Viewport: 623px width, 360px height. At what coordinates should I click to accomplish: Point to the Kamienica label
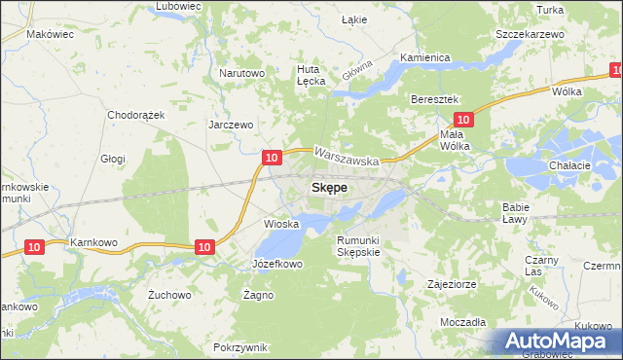[x=424, y=57]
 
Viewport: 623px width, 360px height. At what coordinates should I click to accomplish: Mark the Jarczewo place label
[x=231, y=125]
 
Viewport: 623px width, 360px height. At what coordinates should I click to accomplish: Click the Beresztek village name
[x=434, y=100]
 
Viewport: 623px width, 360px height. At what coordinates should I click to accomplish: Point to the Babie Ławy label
[x=515, y=212]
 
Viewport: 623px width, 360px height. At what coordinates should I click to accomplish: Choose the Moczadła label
[x=462, y=321]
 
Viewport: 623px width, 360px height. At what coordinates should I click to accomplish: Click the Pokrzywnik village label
[x=238, y=347]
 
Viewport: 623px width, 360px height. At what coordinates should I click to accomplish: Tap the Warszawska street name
[x=346, y=154]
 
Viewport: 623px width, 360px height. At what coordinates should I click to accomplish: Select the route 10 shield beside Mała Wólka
[x=463, y=120]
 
